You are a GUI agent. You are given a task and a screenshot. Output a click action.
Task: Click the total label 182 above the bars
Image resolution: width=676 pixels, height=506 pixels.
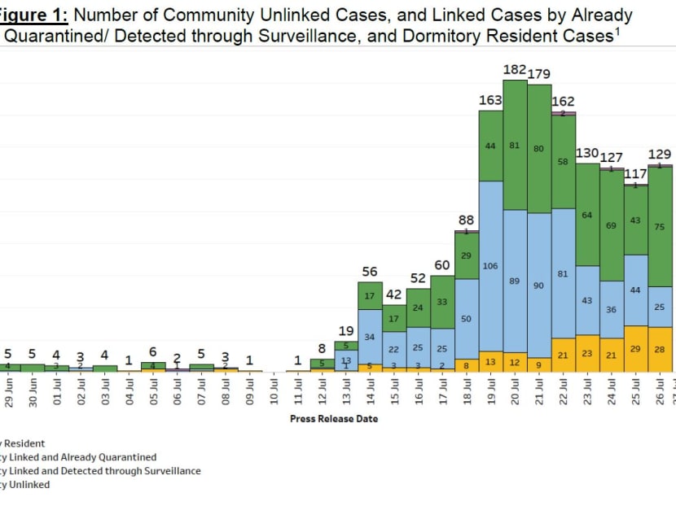(x=515, y=70)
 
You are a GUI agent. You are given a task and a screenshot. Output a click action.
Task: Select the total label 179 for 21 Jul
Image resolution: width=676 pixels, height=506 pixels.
(x=539, y=74)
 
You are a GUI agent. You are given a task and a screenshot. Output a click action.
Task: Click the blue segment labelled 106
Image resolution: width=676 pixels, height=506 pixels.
(x=490, y=266)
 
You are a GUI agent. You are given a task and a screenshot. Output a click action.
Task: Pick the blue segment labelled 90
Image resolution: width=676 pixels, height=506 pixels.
(x=539, y=286)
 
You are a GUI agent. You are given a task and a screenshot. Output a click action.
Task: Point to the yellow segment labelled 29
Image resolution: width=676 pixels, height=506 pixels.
(x=635, y=348)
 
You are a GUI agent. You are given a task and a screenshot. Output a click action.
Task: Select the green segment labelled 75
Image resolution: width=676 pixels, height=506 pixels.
(x=660, y=227)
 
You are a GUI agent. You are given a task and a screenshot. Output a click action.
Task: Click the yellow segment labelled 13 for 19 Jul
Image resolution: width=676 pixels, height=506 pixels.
(x=490, y=361)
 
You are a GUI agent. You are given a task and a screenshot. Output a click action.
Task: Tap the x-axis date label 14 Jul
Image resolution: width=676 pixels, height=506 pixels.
(x=371, y=393)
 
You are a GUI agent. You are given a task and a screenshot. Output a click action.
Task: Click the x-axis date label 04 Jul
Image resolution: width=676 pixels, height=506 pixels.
(x=129, y=393)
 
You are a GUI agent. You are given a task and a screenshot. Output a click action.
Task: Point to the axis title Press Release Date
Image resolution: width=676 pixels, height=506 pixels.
(x=334, y=419)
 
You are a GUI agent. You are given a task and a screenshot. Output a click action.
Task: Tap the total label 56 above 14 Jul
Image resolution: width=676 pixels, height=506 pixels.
(x=370, y=272)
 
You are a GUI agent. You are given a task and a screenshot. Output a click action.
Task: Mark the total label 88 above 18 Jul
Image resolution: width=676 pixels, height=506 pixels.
(x=466, y=220)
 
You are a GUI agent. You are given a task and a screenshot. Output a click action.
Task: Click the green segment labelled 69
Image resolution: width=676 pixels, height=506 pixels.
(x=611, y=225)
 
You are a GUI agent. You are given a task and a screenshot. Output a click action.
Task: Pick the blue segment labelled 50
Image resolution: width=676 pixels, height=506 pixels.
(x=467, y=319)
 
